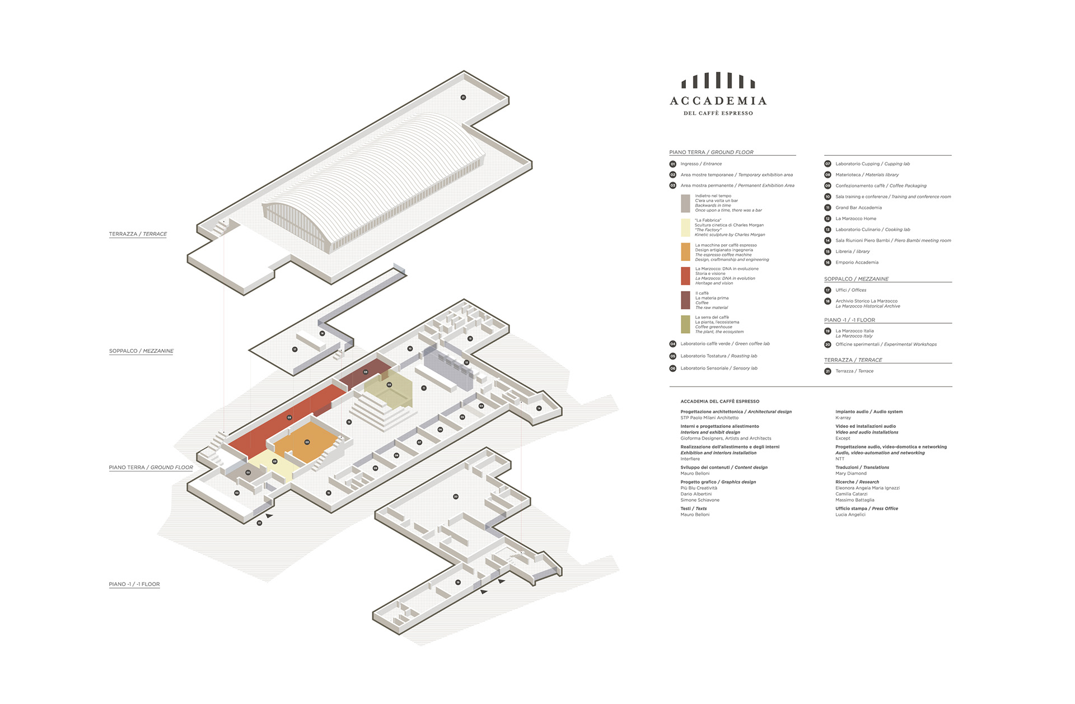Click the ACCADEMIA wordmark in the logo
tap(718, 101)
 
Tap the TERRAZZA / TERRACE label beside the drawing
tap(138, 234)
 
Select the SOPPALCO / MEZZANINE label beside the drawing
tap(141, 351)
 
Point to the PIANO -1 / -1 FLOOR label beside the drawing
tap(134, 584)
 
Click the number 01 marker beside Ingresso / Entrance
tap(673, 164)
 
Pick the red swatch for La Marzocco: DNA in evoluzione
tap(685, 276)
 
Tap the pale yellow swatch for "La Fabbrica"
tap(685, 227)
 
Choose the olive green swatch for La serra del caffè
tap(685, 324)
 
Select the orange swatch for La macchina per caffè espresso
tap(685, 252)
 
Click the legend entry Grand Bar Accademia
tap(858, 208)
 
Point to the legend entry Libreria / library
tap(852, 251)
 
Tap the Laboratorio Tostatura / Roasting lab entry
tap(718, 356)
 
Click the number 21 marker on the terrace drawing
tap(463, 97)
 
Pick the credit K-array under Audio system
tap(843, 418)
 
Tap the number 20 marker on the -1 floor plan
tap(456, 497)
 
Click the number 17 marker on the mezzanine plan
tap(295, 349)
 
